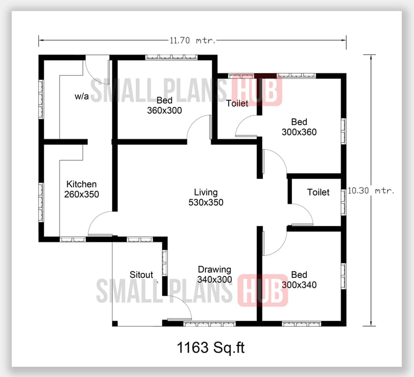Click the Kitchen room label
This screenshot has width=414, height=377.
82,184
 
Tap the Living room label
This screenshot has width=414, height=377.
206,192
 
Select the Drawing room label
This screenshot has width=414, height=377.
215,269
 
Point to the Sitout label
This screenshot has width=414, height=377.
141,274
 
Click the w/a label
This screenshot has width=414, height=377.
82,96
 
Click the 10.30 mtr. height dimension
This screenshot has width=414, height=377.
371,190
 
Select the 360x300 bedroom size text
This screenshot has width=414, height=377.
165,110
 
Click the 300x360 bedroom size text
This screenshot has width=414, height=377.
299,132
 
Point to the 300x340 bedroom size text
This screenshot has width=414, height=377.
299,285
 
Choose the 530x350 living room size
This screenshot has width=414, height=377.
206,203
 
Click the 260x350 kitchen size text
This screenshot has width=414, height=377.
82,194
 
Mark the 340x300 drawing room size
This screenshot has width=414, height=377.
215,279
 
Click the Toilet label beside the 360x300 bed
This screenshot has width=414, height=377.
237,104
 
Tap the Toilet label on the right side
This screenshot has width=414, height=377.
318,192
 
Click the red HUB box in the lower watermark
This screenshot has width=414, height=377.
262,290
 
